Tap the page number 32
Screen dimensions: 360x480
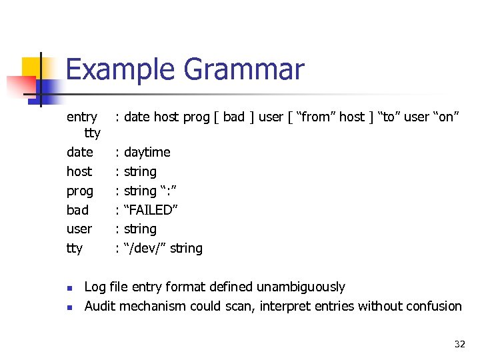(459, 344)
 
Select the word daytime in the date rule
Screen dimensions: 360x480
(147, 152)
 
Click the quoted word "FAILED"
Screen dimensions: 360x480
(151, 210)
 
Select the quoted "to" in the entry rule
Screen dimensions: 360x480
(389, 117)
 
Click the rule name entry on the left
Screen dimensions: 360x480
(81, 117)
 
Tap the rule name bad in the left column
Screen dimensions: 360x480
(77, 210)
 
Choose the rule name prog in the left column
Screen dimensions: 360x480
(80, 191)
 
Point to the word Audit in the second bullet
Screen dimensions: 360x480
(99, 307)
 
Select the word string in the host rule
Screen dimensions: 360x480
(140, 171)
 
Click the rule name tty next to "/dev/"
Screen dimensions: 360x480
(75, 249)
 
